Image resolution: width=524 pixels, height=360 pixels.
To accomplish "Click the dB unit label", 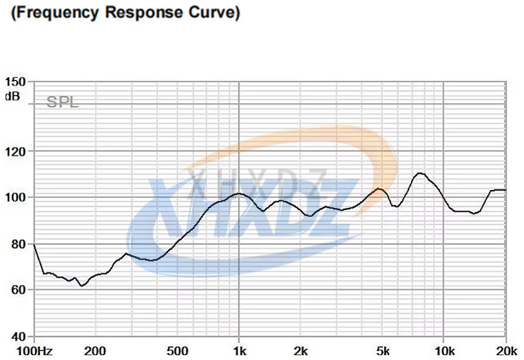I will pyautogui.click(x=12, y=96).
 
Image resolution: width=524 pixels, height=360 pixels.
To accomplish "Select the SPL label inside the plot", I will pyautogui.click(x=62, y=103).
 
